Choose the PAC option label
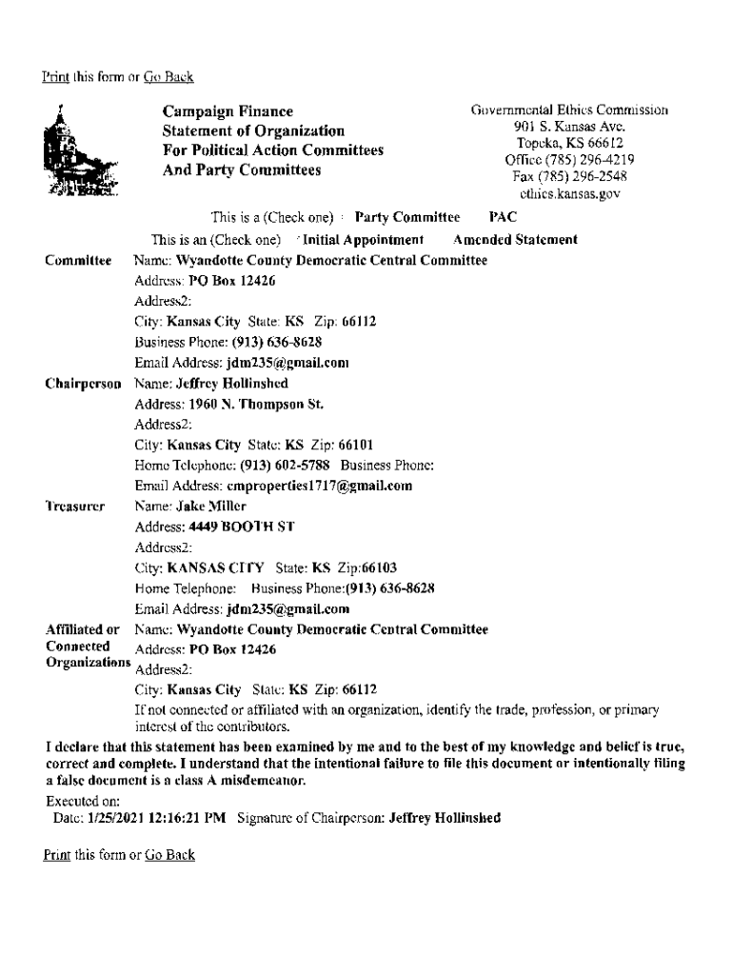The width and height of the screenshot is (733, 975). point(489,218)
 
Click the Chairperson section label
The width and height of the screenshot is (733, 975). point(83,384)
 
